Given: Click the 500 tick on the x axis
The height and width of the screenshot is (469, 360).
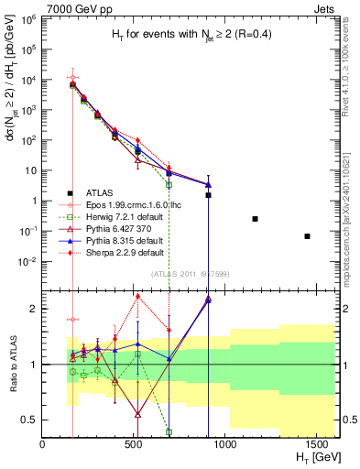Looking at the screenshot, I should pyautogui.click(x=133, y=445).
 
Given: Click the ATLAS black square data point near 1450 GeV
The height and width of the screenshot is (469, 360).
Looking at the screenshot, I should pyautogui.click(x=307, y=236).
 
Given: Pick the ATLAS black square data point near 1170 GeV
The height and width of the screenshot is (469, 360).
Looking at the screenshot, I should pyautogui.click(x=255, y=219).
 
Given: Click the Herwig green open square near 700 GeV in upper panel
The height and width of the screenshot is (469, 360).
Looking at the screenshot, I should pyautogui.click(x=169, y=184).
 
